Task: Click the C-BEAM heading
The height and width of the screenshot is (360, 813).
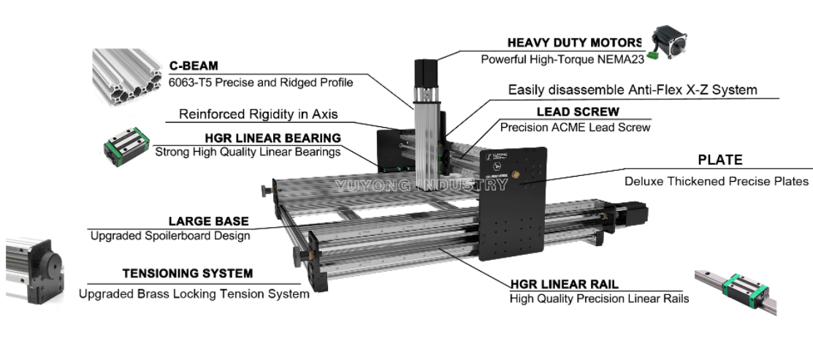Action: (194, 66)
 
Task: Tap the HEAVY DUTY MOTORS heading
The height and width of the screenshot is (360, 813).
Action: (574, 42)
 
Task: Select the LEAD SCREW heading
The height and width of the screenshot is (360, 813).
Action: (578, 112)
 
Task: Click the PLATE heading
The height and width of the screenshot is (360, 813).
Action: (720, 160)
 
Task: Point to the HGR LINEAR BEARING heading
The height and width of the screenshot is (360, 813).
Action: (272, 137)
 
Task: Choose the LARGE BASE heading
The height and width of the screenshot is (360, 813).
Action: (208, 221)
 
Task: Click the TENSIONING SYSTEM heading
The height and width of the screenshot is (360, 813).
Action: (187, 274)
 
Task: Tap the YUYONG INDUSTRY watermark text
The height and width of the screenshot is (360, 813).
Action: (421, 185)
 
